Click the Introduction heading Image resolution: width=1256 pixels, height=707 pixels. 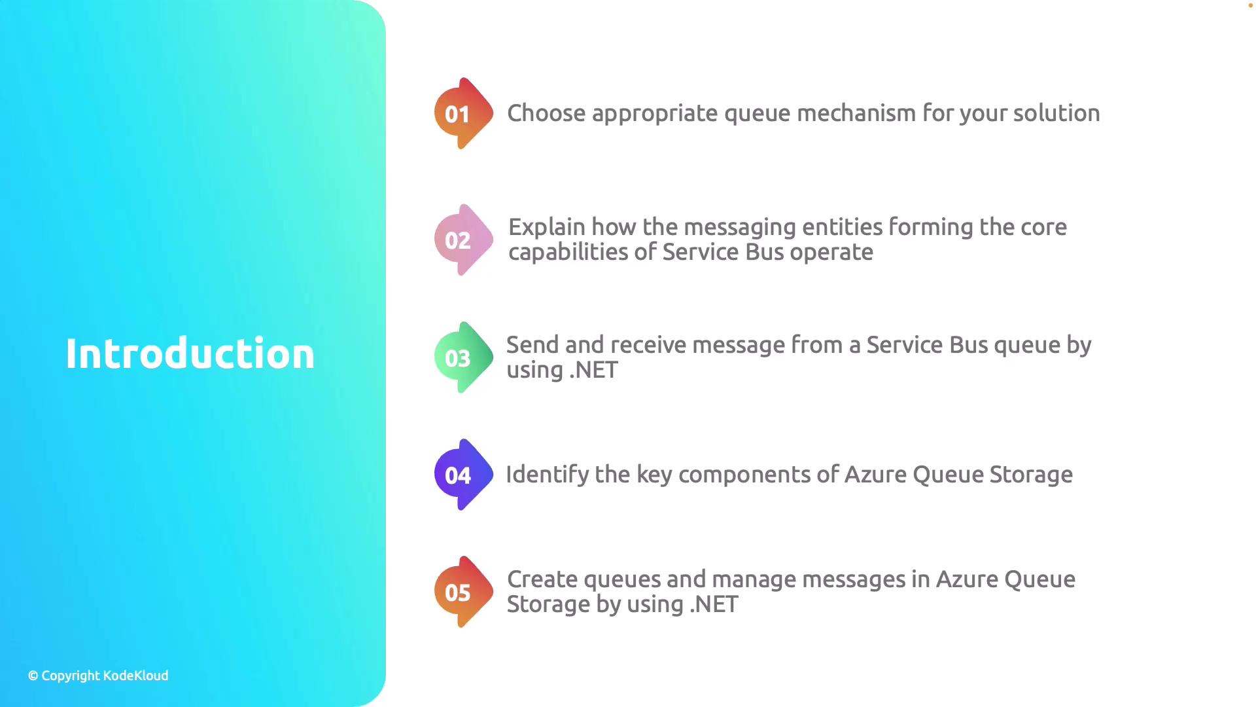tap(190, 353)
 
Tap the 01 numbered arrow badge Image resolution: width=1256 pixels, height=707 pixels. tap(464, 113)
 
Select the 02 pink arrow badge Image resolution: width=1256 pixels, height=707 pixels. tap(464, 240)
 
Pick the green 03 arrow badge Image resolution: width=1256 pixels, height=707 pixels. tap(464, 357)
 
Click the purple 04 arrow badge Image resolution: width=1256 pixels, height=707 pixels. tap(464, 475)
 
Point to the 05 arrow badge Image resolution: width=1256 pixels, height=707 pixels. tap(464, 592)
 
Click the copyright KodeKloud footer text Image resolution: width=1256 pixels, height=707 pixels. tap(98, 676)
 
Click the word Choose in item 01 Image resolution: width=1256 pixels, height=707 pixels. tap(546, 113)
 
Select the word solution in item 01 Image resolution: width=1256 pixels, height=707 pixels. tap(1056, 113)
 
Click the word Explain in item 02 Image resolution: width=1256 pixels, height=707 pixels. tap(547, 228)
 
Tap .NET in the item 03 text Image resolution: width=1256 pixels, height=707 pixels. tap(593, 371)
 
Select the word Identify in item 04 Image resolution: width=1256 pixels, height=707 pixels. tap(548, 475)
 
